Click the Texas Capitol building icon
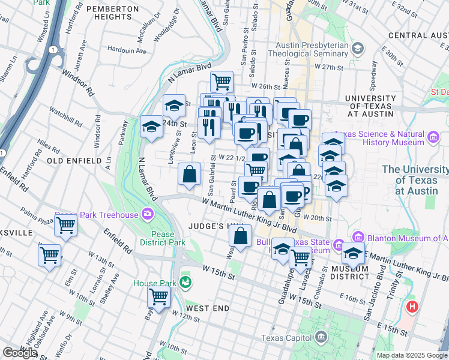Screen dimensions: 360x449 tap(322, 337)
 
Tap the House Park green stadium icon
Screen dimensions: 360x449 tap(187, 281)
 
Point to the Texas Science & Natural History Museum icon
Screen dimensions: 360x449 tap(433, 139)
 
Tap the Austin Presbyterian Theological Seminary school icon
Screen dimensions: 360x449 tap(358, 47)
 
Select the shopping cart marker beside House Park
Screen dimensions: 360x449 tap(159, 296)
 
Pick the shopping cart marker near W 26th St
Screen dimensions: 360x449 tap(221, 81)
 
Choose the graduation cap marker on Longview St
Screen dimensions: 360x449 tap(174, 106)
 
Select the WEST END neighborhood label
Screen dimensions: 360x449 tap(208, 308)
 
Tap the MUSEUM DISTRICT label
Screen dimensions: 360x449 tap(349, 272)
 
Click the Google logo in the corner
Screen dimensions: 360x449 tap(20, 353)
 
